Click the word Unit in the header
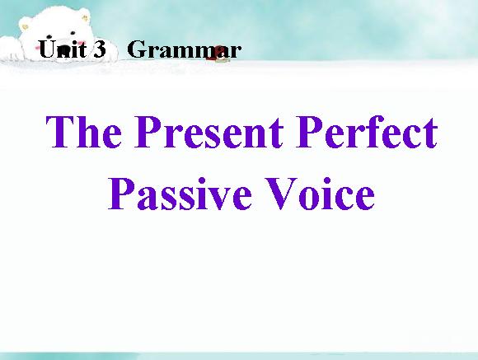coord(63,49)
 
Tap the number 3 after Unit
coord(100,49)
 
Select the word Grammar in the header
coord(185,49)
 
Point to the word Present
coord(209,132)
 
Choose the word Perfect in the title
coord(367,132)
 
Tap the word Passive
coord(180,193)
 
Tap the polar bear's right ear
coord(84,18)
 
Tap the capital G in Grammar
coord(137,49)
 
